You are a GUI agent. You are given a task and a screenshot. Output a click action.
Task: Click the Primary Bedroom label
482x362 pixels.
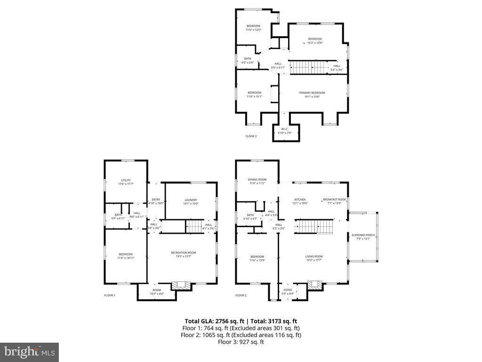(312, 93)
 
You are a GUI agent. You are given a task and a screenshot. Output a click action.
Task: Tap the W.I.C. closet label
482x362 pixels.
(285, 129)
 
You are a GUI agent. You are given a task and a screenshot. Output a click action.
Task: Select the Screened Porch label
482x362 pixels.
(363, 234)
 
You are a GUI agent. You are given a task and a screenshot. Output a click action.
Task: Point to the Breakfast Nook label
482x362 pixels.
(334, 199)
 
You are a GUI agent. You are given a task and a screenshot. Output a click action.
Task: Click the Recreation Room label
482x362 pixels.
(183, 253)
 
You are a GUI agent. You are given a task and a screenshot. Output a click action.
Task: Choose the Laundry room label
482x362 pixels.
(191, 200)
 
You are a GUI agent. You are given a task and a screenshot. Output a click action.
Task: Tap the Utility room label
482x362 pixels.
(126, 180)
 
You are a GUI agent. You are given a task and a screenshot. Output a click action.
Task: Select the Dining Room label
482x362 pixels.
(257, 179)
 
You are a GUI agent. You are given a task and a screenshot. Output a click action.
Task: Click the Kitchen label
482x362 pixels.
(300, 199)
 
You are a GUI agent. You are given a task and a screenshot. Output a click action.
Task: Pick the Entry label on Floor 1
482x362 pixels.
(156, 199)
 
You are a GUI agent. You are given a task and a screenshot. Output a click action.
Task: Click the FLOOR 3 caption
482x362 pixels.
(251, 136)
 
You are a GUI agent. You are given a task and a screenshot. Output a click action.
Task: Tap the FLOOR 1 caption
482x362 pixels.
(109, 296)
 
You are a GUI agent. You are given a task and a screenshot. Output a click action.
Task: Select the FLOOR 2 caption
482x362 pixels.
(241, 296)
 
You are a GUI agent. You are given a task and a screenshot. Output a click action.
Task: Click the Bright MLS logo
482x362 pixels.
(29, 352)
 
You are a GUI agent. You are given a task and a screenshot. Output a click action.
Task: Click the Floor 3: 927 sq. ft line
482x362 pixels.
(241, 342)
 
